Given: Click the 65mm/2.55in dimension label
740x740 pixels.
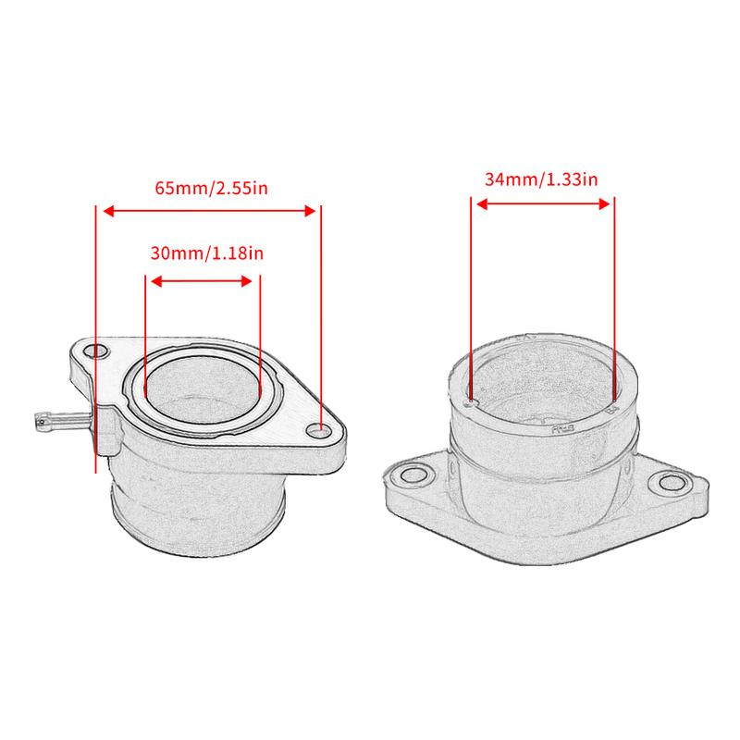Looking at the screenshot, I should [211, 188].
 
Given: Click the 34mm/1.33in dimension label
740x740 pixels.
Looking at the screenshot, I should [541, 179].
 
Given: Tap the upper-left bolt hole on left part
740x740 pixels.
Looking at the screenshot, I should [92, 352].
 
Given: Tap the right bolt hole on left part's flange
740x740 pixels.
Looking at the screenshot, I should [318, 429].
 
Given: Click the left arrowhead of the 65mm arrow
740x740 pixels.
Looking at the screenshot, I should [105, 211].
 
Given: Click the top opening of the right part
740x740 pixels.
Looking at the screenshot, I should [542, 379].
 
